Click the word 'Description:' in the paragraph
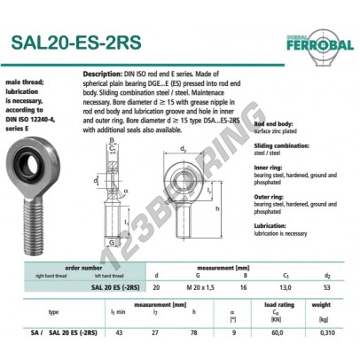tap(101, 72)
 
